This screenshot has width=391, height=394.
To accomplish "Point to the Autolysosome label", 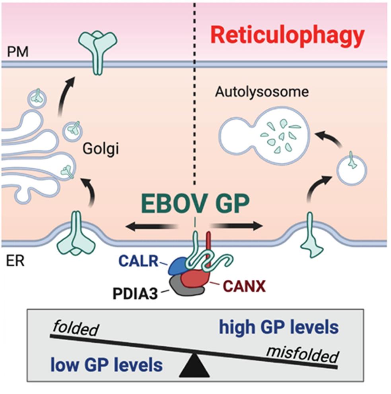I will [x=262, y=92].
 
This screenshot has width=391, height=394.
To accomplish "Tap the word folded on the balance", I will [x=74, y=329].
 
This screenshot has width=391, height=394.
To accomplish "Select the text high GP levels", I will [x=278, y=328].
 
